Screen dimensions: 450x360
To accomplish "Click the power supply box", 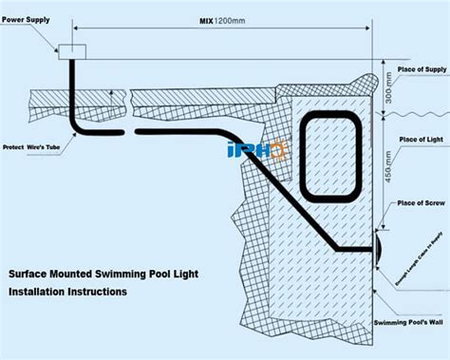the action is click(x=72, y=51).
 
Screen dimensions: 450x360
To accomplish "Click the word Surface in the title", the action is click(x=31, y=274).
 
